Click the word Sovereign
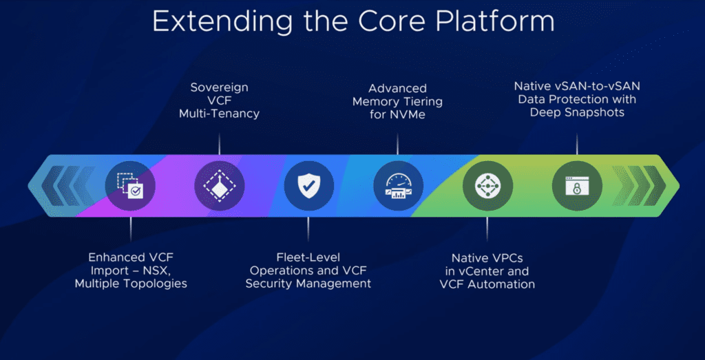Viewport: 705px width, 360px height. point(219,87)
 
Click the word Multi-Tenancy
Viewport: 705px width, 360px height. point(219,114)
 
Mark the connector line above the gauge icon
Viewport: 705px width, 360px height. point(398,143)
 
